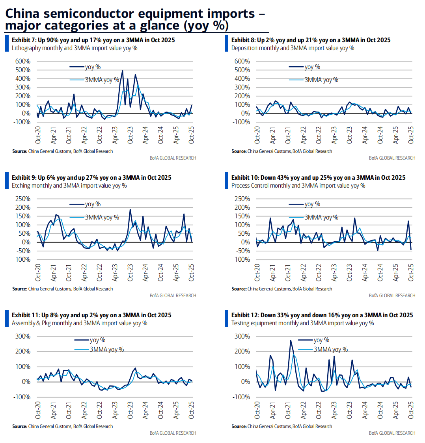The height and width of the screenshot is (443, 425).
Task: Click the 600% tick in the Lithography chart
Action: tap(23, 61)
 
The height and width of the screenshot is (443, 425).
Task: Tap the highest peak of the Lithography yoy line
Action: tap(122, 71)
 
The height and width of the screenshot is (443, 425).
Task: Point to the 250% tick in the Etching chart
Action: tap(23, 199)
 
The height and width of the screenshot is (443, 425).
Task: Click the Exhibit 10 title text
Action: tap(318, 178)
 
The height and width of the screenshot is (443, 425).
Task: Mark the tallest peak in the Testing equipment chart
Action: tap(291, 341)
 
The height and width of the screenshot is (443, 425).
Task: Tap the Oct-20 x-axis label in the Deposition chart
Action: tap(257, 135)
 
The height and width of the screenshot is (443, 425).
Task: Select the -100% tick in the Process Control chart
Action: tap(241, 259)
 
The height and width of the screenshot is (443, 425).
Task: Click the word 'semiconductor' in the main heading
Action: tap(81, 13)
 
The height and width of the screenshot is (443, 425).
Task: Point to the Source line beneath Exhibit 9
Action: tap(62, 289)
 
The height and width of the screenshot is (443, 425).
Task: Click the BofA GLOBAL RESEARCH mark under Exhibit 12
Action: tap(392, 433)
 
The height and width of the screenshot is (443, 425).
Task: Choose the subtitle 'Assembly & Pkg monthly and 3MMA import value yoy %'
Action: tap(79, 323)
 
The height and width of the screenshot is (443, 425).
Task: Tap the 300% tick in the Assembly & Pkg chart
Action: tap(23, 336)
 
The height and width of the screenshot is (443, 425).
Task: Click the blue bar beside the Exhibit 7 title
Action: tap(7, 43)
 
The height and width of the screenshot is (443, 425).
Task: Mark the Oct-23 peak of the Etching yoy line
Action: tap(130, 209)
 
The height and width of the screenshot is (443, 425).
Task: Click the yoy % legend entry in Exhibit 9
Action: tap(92, 204)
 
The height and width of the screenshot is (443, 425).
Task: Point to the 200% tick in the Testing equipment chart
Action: tap(242, 351)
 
